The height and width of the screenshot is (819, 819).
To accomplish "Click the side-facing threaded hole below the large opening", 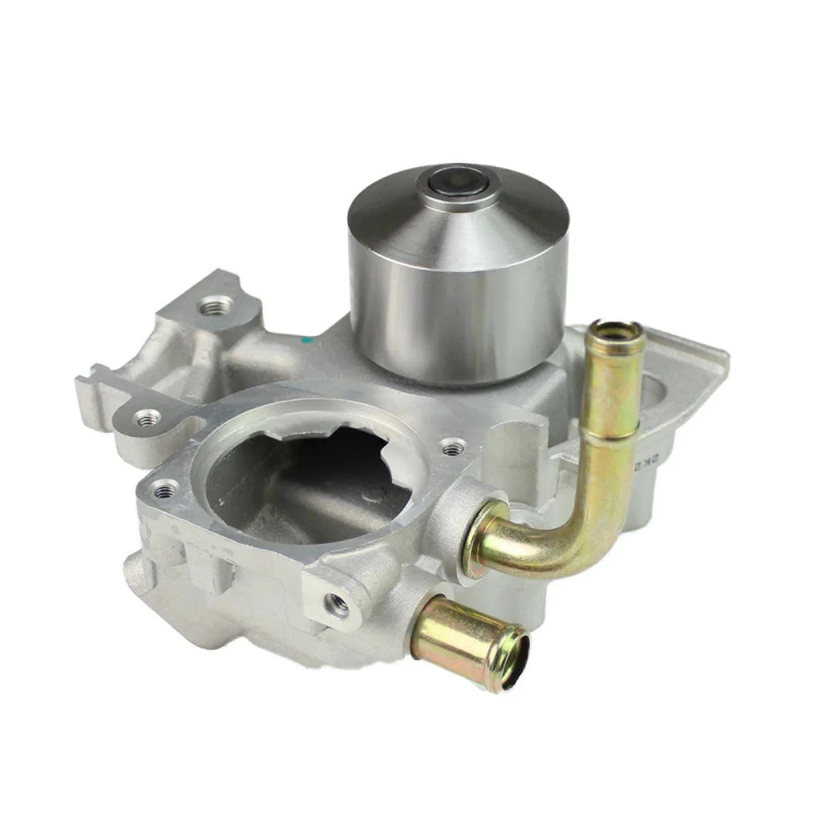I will pyautogui.click(x=339, y=606).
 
